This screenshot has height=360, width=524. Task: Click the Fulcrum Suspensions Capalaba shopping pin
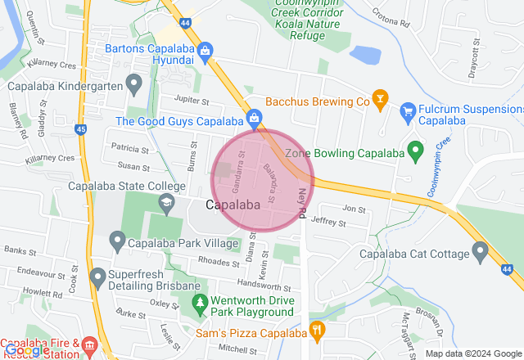[x=407, y=110]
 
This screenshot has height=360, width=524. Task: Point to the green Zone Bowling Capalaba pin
[x=416, y=152]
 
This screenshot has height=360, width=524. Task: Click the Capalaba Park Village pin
[x=116, y=241]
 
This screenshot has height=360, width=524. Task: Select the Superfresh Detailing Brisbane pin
[x=97, y=277]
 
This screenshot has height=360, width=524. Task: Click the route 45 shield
[x=80, y=128]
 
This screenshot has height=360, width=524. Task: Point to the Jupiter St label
[x=193, y=100]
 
